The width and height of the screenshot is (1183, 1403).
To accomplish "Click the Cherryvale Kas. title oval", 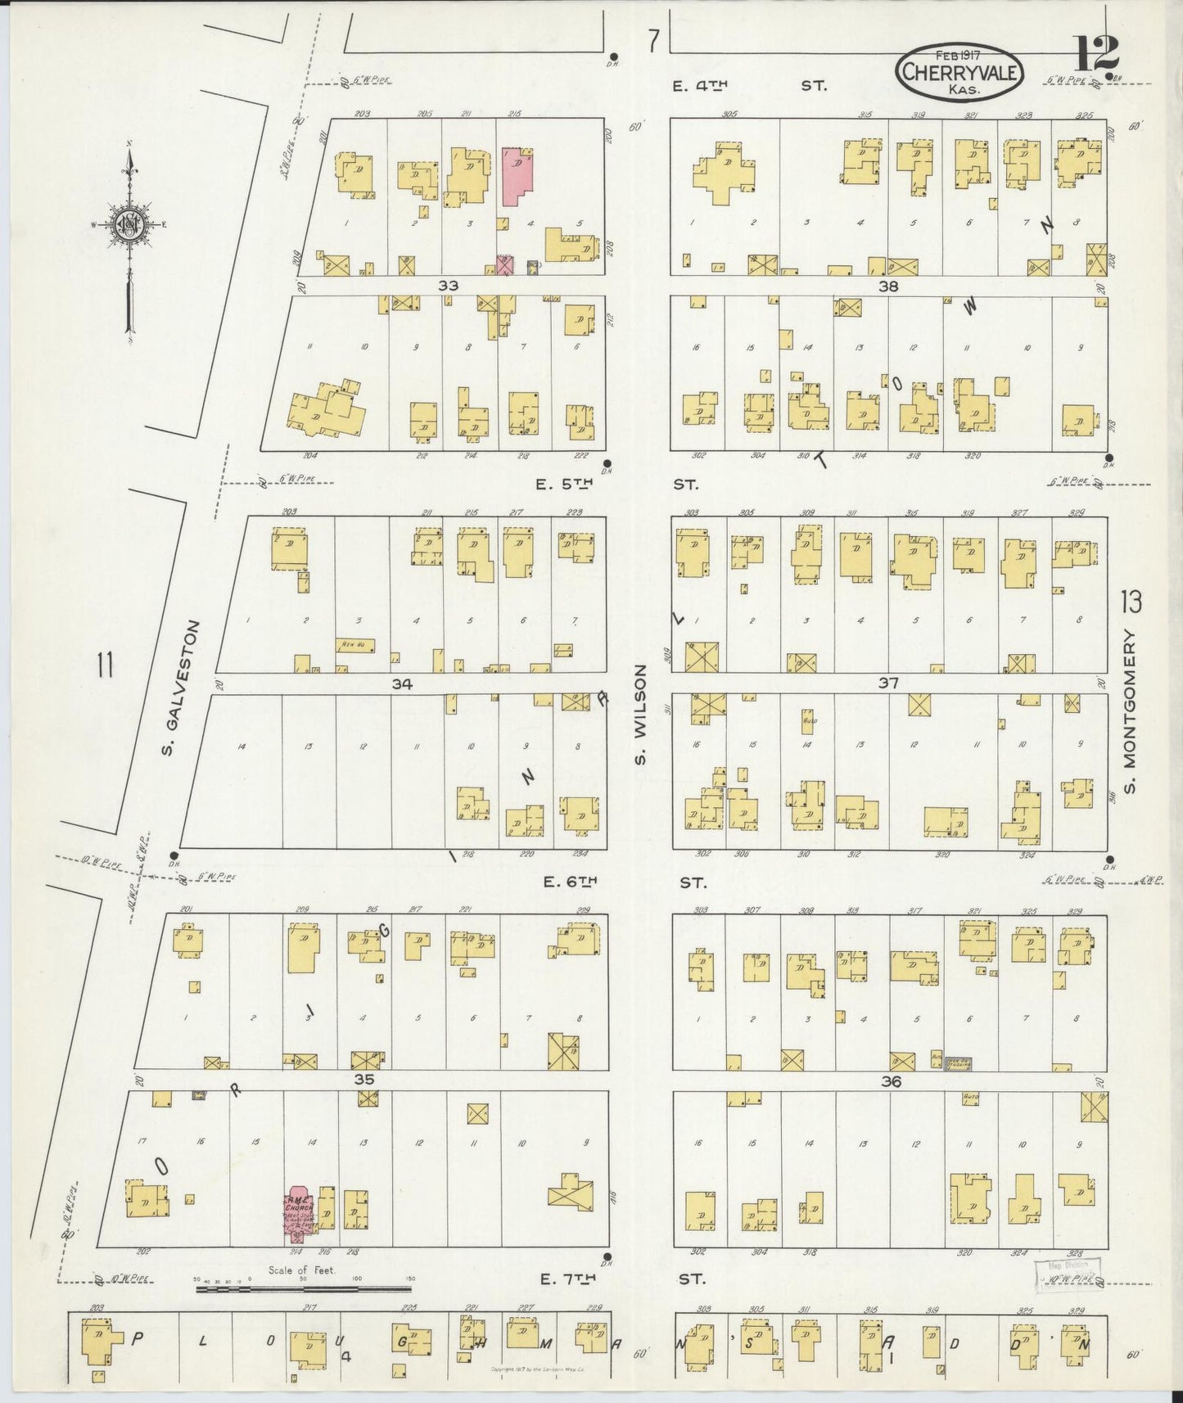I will pos(960,72).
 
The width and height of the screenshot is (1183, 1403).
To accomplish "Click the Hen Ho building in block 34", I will pos(354,645).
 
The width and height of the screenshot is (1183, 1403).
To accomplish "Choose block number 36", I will pos(891,1081).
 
